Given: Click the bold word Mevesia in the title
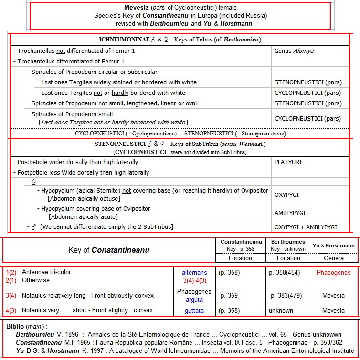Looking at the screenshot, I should tap(137, 7).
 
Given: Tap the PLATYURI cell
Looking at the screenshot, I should tap(288, 162).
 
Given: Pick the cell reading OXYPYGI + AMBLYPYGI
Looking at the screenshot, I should tap(306, 227).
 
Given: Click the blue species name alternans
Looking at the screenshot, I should tap(194, 273).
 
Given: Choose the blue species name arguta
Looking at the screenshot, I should tap(194, 299).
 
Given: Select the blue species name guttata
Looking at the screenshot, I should tap(194, 310).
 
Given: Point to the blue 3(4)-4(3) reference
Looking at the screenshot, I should tap(194, 280).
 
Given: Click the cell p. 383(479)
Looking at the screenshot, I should tap(288, 296).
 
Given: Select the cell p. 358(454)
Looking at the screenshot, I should tap(288, 273).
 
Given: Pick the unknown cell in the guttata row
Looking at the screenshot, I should tap(281, 310).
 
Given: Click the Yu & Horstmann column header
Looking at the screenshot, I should tap(334, 246).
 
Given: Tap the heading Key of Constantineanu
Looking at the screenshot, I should tap(109, 250).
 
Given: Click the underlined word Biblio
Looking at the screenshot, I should tap(15, 327).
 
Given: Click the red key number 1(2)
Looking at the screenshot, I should tap(11, 273).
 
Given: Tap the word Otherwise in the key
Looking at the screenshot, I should tap(35, 280).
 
